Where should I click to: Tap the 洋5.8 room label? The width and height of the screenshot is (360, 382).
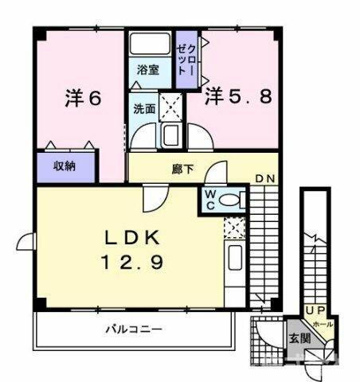[x=240, y=96]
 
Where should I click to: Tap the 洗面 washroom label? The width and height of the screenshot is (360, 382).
[x=143, y=109]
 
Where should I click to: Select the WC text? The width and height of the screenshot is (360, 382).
[x=208, y=198]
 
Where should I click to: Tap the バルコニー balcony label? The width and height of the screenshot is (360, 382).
[x=135, y=329]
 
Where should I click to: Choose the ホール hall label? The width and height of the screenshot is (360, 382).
[x=323, y=324]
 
